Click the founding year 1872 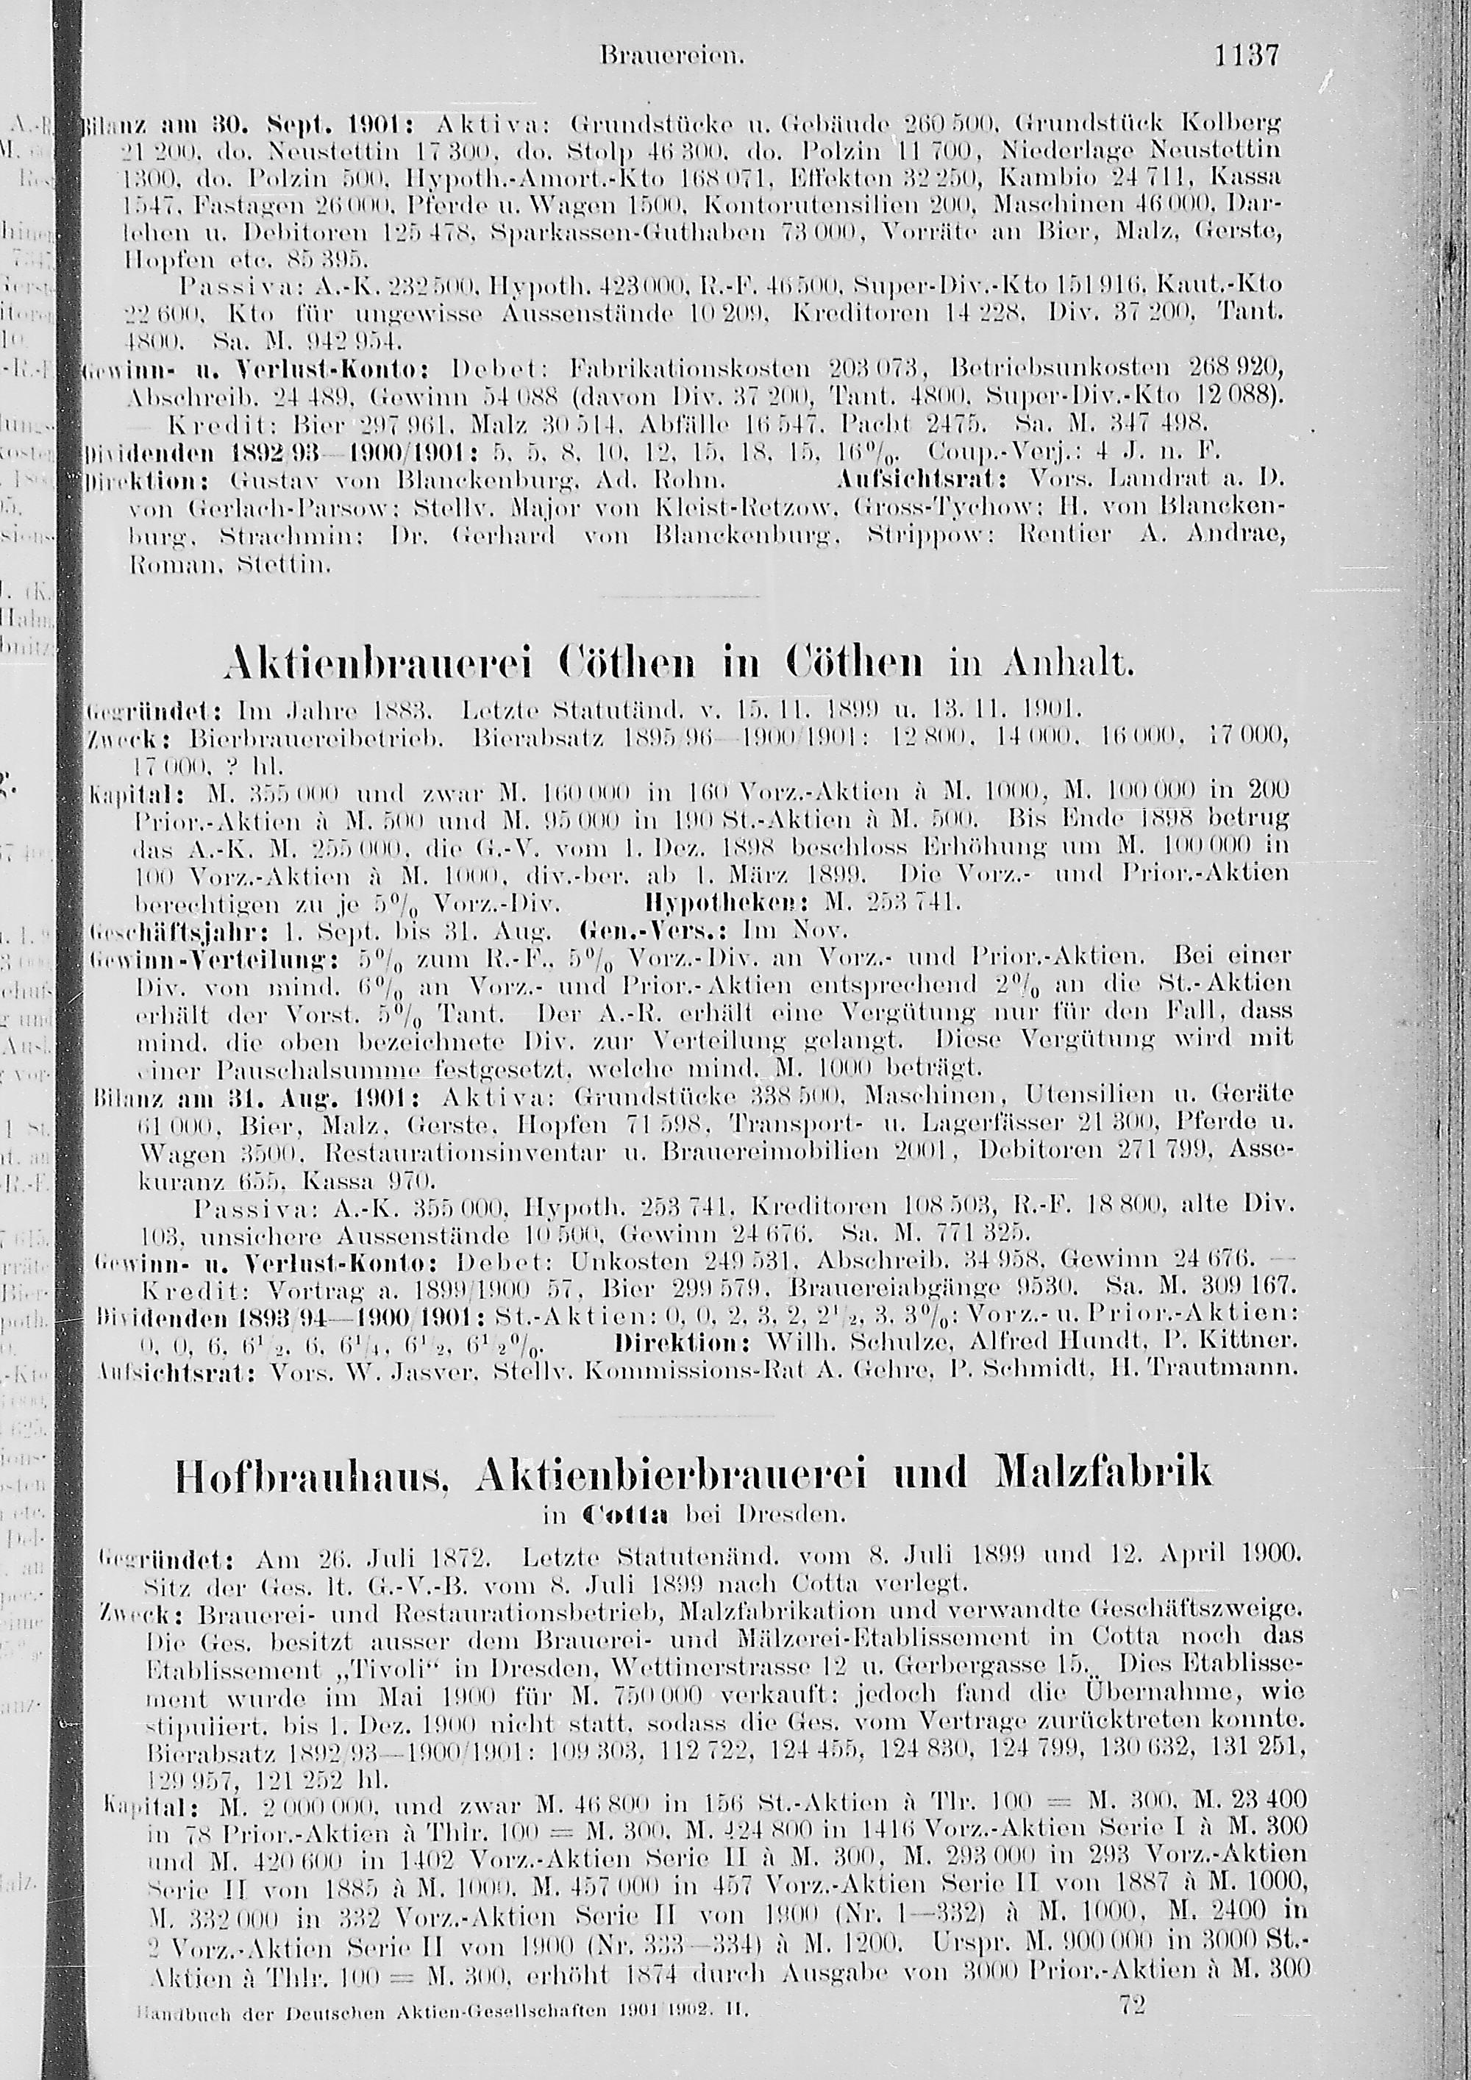coord(457,1559)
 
